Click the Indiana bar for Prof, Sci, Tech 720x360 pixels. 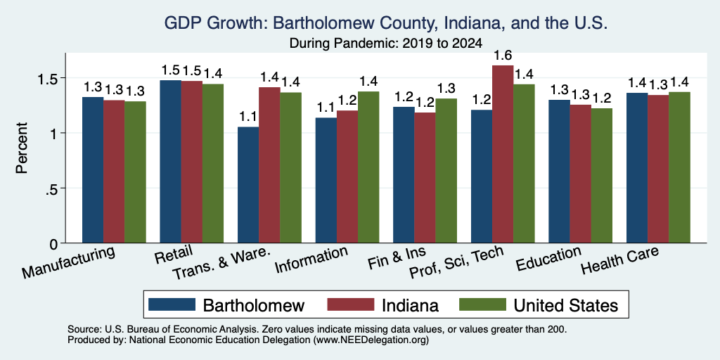[503, 154]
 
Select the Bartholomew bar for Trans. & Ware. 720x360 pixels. [248, 185]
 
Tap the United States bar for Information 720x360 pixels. [368, 167]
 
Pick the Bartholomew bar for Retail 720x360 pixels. [170, 162]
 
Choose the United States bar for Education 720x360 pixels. [602, 175]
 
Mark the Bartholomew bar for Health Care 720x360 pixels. [637, 168]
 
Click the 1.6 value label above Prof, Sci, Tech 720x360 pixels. [503, 56]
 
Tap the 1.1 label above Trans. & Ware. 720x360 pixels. [248, 117]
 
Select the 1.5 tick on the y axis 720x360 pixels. [49, 78]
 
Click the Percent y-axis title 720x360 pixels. [22, 148]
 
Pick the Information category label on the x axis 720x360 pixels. [310, 259]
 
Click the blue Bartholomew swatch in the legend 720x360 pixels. [172, 304]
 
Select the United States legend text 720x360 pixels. [566, 305]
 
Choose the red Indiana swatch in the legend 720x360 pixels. [350, 304]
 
